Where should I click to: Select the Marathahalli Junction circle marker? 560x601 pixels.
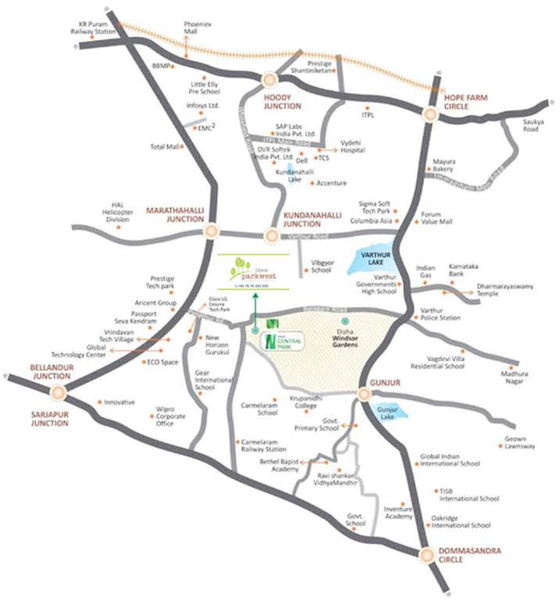pyautogui.click(x=210, y=231)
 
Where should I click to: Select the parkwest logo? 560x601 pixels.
pyautogui.click(x=254, y=272)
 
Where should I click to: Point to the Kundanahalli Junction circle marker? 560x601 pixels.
pyautogui.click(x=271, y=236)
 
